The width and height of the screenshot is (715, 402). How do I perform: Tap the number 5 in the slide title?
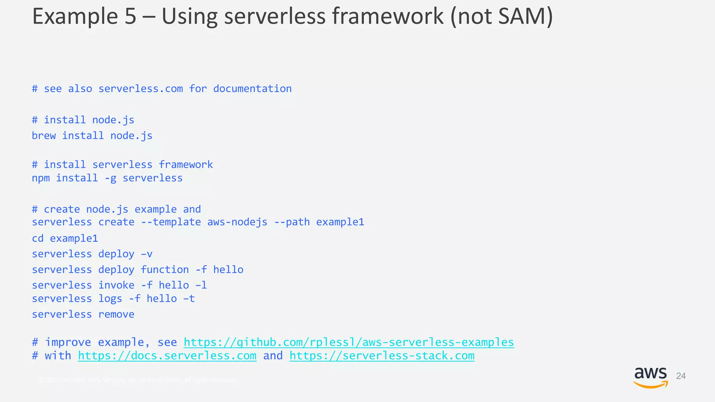pos(130,16)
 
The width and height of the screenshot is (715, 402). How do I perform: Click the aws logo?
pos(650,377)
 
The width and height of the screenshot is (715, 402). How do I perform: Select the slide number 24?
pos(681,376)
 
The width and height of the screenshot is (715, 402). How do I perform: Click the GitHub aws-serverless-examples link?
pos(348,342)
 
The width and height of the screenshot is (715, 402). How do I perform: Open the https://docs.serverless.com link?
pos(167,356)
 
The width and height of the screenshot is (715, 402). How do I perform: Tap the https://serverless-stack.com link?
pos(382,356)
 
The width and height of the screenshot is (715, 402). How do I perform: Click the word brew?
pos(44,135)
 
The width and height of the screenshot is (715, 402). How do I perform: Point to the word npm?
pos(41,178)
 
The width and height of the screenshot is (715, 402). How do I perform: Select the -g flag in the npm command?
pos(110,178)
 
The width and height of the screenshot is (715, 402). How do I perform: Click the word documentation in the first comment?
pos(252,89)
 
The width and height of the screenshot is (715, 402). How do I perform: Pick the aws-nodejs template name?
pos(237,222)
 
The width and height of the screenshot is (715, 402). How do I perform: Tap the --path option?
pos(292,222)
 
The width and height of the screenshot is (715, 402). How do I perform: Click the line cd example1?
pos(65,238)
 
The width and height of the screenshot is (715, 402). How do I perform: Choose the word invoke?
pos(116,285)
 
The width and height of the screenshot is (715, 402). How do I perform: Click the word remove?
pos(116,314)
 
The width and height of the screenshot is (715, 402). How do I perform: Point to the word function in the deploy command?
pos(165,269)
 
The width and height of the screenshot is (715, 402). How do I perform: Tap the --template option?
pos(171,222)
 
